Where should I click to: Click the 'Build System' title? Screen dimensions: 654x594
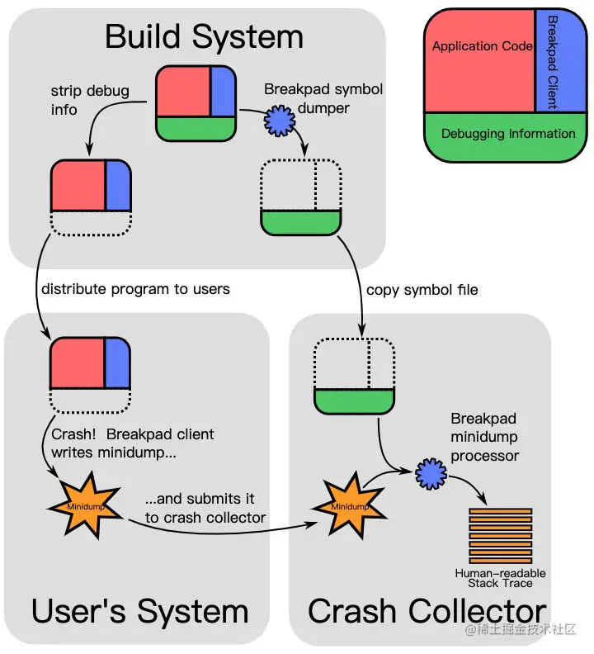tap(204, 37)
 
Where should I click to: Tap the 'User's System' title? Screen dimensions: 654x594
tap(139, 612)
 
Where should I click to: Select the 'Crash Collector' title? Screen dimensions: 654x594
tap(427, 612)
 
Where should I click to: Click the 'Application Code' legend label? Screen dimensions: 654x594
tap(482, 47)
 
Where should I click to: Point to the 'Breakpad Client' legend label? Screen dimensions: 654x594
tap(552, 62)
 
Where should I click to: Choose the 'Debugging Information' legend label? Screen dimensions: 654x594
tap(507, 134)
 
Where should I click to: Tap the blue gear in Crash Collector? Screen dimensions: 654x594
tap(430, 475)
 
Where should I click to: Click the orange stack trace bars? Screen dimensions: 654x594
tap(501, 534)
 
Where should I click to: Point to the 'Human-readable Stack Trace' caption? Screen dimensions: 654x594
tap(501, 578)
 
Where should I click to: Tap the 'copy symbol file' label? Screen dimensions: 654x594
tap(422, 290)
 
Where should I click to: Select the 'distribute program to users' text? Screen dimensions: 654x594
tap(135, 289)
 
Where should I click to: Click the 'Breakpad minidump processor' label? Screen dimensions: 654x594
tap(485, 437)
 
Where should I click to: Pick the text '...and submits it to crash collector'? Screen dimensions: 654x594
tap(205, 508)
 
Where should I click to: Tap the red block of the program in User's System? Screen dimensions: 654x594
tap(77, 363)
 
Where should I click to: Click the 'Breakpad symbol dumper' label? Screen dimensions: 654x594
tap(324, 97)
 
